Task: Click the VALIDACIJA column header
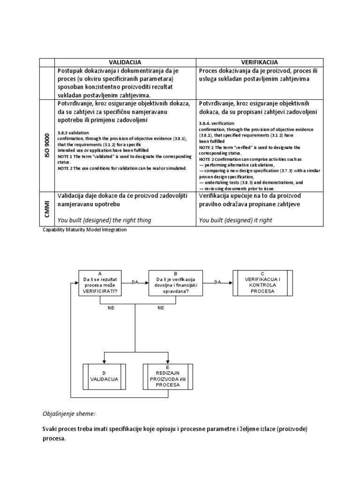[x=125, y=62]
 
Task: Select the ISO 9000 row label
[x=47, y=145]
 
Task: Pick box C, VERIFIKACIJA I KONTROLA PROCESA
[x=262, y=283]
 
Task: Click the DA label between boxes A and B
[x=135, y=282]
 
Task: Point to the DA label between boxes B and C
[x=217, y=282]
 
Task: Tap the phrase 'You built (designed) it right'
[x=235, y=220]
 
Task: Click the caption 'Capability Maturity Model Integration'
[x=84, y=230]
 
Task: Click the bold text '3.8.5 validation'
[x=73, y=133]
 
